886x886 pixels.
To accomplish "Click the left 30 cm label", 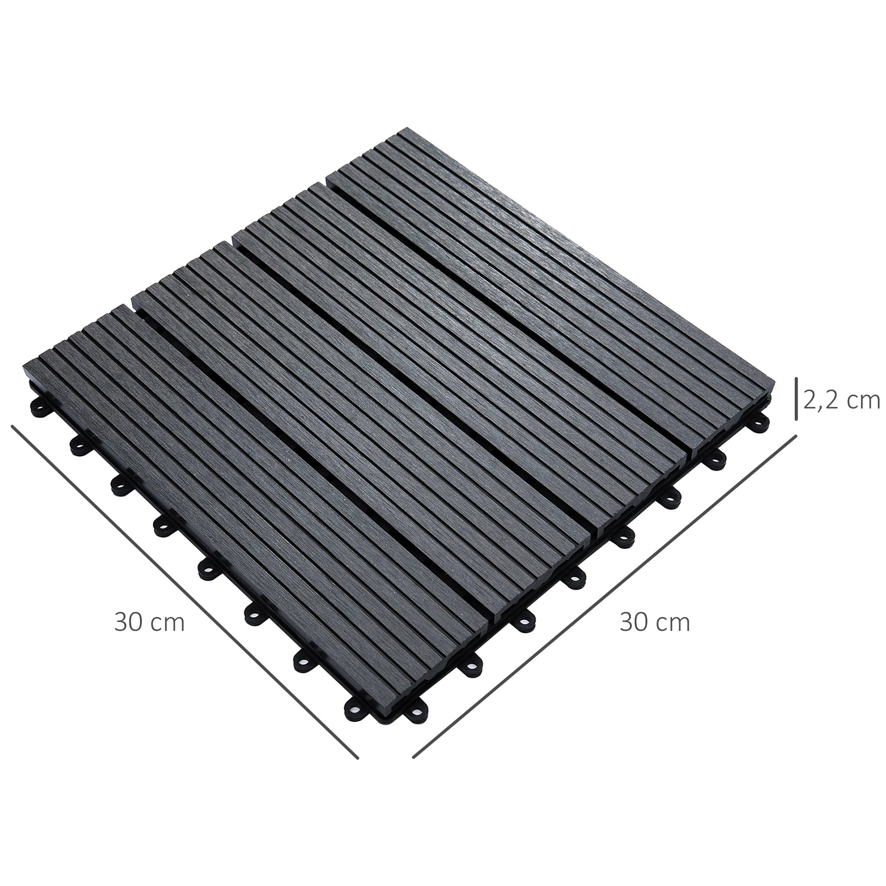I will tap(149, 623).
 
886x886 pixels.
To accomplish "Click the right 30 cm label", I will tap(654, 623).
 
